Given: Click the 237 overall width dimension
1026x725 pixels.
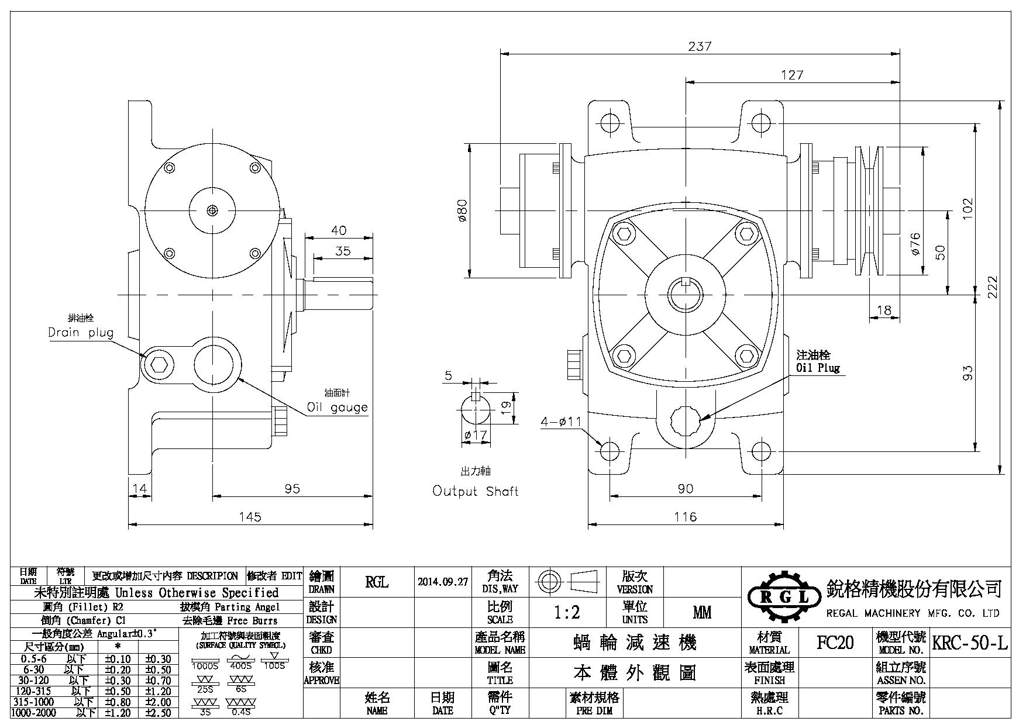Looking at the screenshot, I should tap(700, 46).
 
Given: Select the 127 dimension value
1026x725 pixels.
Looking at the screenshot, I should tap(792, 75).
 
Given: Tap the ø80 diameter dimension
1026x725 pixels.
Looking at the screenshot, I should tap(462, 210).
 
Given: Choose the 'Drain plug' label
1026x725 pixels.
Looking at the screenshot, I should tap(81, 333).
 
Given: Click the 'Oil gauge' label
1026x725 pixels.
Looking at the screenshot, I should tap(338, 408).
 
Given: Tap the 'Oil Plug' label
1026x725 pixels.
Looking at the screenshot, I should tap(818, 368).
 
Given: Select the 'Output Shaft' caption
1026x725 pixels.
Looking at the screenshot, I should tap(475, 491).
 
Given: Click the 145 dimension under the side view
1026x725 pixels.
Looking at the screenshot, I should tap(250, 517).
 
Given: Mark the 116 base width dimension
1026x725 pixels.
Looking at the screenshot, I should tap(685, 517).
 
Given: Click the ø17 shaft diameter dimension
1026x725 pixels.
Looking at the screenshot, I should tap(475, 435).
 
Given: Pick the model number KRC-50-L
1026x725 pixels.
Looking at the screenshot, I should tap(970, 643).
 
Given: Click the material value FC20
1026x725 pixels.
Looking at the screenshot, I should tap(835, 643).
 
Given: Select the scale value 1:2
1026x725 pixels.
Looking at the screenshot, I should tap(567, 612).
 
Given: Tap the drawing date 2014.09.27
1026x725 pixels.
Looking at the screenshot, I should tap(443, 582).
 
